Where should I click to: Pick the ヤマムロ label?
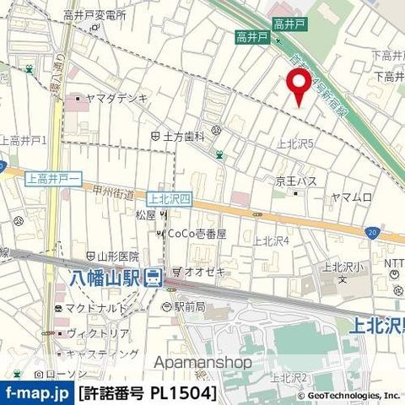point(351,197)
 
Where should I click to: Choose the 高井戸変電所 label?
point(94,16)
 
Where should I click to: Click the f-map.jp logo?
point(36,393)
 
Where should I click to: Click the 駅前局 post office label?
point(192,306)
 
